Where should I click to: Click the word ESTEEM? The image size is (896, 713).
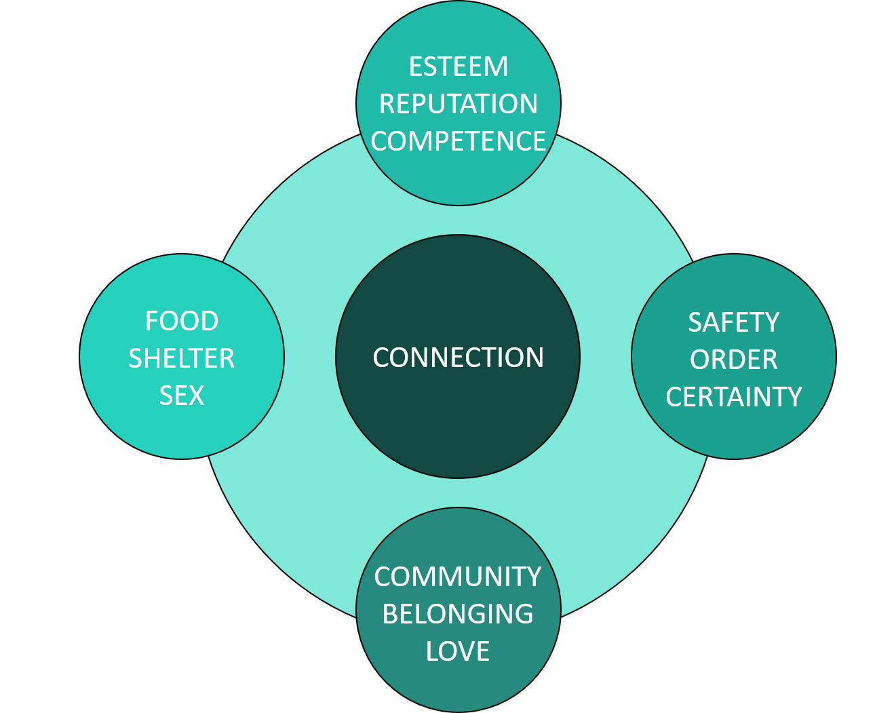[459, 67]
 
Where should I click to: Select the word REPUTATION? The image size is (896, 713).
[459, 104]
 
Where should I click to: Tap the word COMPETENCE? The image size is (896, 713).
[459, 141]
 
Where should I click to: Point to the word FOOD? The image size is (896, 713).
[182, 321]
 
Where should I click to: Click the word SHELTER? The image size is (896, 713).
[182, 358]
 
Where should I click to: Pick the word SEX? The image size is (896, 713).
[182, 396]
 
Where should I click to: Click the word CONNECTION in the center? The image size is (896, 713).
[459, 358]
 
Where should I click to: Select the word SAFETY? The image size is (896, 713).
[734, 322]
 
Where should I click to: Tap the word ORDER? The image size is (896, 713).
[734, 360]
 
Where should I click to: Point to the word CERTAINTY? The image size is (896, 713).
[734, 397]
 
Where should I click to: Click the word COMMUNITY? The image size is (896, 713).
[458, 577]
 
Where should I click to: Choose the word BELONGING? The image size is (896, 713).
[458, 614]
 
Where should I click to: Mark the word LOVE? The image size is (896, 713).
[458, 651]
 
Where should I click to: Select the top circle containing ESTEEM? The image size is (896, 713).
[459, 176]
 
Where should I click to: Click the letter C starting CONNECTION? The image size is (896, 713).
[381, 358]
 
